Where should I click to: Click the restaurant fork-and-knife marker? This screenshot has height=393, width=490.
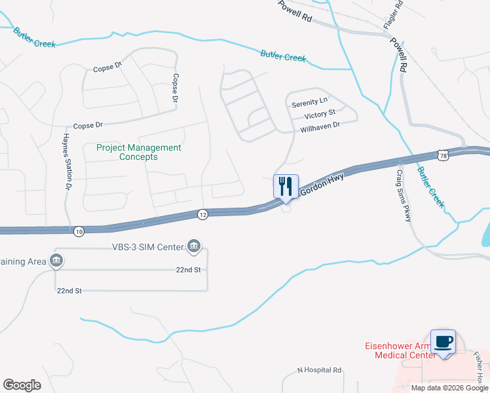pos(286,186)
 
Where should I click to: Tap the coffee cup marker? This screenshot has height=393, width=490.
pos(443,341)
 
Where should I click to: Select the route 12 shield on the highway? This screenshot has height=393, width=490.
pos(203,214)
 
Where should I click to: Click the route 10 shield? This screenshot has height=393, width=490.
pos(79,231)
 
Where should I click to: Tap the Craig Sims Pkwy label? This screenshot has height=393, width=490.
pos(403,195)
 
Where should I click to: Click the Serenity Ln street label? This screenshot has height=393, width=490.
pos(309,102)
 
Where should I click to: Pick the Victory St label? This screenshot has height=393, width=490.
pos(320,114)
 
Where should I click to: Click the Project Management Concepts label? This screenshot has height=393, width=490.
pos(138,152)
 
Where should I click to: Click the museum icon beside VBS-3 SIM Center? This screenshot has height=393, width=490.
pos(194,246)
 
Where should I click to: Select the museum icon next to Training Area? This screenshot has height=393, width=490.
pos(56,261)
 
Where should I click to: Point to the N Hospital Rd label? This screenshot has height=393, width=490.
pos(320,370)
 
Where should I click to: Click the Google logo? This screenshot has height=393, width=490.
pos(22,385)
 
